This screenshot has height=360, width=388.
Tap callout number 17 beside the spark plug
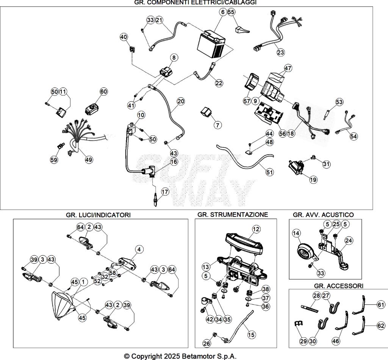(164, 192)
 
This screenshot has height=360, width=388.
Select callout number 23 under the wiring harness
(280, 53)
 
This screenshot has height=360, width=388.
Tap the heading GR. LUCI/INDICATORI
(98, 215)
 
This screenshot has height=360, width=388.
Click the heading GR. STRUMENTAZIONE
(232, 214)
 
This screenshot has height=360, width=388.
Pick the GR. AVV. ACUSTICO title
(323, 215)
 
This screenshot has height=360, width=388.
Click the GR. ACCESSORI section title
(338, 285)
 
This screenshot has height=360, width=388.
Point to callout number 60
(103, 92)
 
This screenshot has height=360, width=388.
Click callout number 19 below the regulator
(313, 180)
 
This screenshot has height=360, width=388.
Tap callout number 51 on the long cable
(269, 172)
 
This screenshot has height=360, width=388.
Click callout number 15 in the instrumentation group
(251, 335)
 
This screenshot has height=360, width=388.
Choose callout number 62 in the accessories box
(381, 325)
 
